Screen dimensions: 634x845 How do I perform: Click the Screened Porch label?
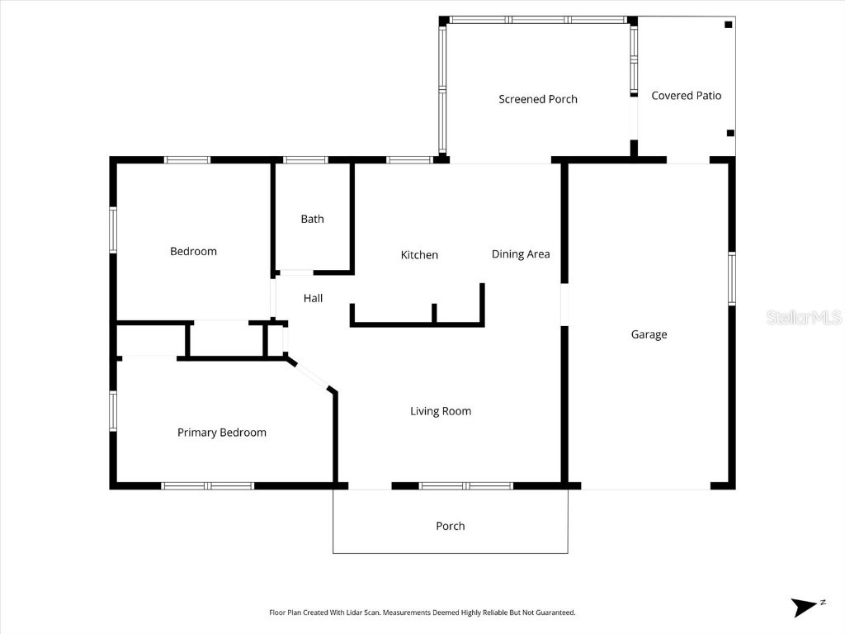538,99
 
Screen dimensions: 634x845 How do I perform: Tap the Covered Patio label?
686,96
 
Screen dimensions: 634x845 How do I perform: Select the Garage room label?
649,334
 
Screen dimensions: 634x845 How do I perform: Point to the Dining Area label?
521,254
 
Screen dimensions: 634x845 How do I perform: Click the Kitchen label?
419,255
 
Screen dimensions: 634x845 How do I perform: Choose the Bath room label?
312,219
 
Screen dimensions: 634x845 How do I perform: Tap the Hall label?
313,298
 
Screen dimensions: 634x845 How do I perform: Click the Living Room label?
441,411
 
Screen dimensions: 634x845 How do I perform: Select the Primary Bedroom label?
222,433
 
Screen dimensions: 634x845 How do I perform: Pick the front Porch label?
450,526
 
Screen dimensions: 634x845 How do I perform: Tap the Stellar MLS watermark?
803,317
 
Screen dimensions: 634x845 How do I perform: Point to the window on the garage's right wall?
731,279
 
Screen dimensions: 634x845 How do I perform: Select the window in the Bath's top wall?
306,160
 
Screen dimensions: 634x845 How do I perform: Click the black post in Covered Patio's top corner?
728,25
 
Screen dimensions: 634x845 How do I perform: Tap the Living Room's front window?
466,486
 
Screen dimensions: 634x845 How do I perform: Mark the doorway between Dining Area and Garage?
564,305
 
